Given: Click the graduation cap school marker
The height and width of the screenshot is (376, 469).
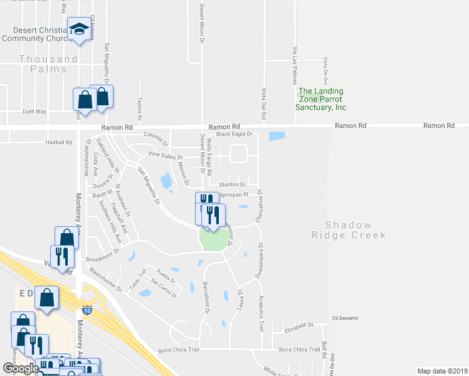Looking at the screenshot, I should tap(79, 29).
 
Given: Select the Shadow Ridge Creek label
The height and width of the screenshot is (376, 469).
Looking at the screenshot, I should tap(349, 230).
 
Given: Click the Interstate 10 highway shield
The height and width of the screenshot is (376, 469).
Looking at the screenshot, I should tap(87, 310).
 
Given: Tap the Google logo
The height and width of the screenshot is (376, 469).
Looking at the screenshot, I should tap(21, 368).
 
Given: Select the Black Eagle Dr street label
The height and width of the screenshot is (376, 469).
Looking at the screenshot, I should tap(233, 134).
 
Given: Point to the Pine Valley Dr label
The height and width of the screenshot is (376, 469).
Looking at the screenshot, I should tap(165, 156).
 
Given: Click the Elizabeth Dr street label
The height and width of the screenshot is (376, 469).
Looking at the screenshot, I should tap(298, 326).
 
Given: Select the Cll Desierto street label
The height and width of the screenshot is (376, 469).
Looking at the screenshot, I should tap(344, 318).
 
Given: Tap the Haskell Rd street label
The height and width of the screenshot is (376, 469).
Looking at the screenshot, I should tap(60, 142).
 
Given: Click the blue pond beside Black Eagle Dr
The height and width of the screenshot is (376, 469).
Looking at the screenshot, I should tap(276, 135).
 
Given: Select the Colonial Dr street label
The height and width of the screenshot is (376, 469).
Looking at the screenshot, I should tap(157, 135).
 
